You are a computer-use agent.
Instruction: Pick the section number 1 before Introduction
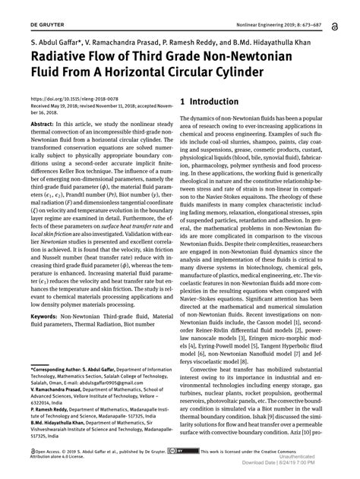pos(182,102)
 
